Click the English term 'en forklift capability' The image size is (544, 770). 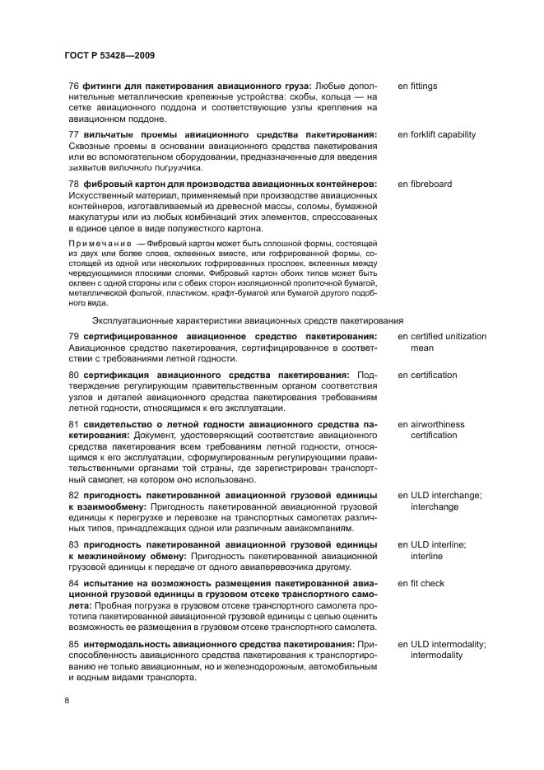coord(436,134)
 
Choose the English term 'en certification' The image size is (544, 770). coord(427,375)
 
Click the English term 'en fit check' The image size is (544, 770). coord(421,583)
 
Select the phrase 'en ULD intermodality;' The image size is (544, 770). coord(441,643)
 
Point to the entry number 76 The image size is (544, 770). coord(73,86)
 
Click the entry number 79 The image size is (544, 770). coord(73,336)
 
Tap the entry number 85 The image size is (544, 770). coord(73,643)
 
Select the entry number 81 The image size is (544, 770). coord(73,424)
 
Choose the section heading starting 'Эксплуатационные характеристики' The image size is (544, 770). coord(247,319)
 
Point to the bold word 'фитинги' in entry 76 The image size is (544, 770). coord(102,86)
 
